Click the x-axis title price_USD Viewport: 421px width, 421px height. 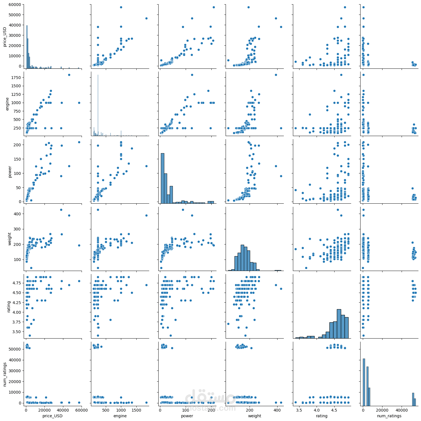[52, 416]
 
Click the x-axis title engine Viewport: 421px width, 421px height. [120, 416]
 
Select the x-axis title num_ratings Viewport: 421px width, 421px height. [389, 416]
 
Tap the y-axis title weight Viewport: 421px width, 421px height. [9, 239]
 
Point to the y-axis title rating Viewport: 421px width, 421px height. [9, 306]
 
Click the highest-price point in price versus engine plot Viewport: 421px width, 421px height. [121, 7]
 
